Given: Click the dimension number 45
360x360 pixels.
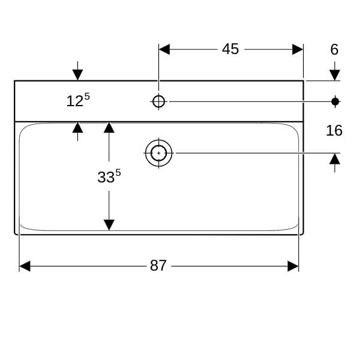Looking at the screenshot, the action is click(230, 49).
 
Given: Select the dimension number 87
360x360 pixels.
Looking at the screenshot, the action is click(158, 266).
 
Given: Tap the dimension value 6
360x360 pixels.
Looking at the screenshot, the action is click(334, 49).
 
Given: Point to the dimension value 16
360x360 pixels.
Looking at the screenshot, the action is click(334, 130).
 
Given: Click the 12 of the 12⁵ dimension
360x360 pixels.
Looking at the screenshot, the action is click(74, 101).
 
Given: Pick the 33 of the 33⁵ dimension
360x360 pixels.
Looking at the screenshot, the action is click(106, 177).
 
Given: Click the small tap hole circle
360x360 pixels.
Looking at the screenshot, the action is click(158, 101).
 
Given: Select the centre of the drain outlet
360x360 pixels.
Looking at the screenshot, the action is click(158, 153).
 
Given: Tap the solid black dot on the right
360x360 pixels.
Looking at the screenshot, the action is click(335, 101).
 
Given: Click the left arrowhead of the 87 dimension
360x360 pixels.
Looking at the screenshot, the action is click(25, 266).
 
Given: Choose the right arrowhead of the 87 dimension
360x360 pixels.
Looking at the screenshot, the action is click(293, 266).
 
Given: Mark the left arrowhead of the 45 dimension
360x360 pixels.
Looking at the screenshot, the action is click(164, 49).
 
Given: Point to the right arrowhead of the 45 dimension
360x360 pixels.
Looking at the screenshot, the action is click(298, 49).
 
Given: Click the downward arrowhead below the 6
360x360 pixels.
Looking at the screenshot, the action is click(335, 75).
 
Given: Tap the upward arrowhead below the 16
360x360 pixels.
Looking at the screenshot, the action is click(335, 159).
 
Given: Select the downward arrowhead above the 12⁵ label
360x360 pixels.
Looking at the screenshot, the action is click(77, 75).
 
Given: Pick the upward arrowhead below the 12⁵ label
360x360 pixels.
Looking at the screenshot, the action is click(77, 128).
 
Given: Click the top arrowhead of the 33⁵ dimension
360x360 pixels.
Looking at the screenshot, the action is click(109, 127).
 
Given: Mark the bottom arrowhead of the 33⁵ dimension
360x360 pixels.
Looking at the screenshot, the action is click(109, 225).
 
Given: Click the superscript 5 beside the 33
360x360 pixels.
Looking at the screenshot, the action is click(118, 172).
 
